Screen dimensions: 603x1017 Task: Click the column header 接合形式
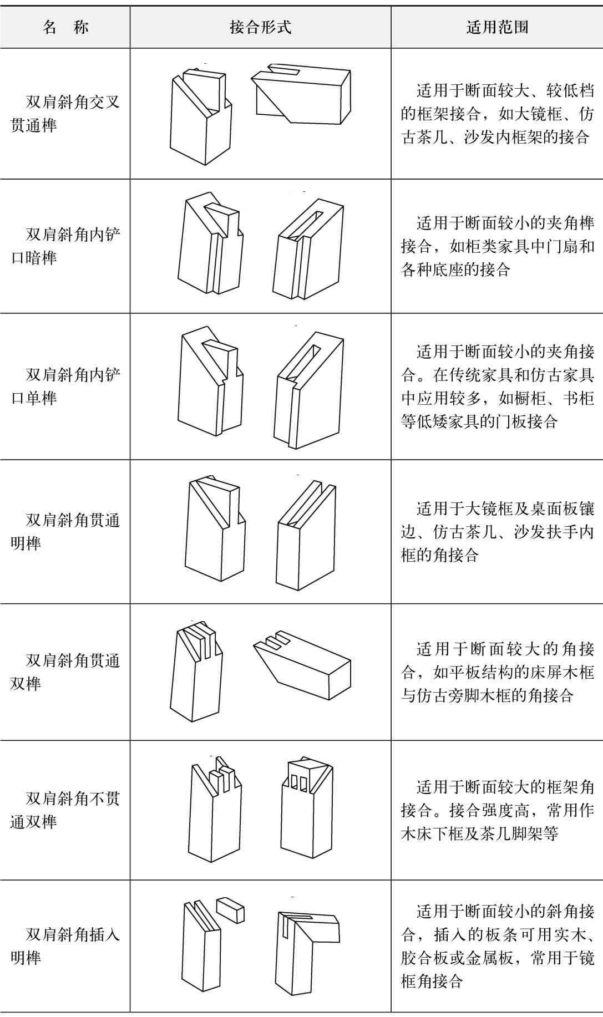click(x=260, y=27)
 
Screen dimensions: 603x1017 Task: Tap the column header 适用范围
click(x=497, y=27)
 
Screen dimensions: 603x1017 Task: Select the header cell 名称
click(x=65, y=27)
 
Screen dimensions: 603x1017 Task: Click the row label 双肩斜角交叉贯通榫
click(x=65, y=114)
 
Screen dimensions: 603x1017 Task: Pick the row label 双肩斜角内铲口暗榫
click(x=65, y=246)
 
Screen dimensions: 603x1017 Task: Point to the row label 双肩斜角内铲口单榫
click(x=65, y=386)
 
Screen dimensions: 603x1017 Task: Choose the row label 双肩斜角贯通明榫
click(x=65, y=531)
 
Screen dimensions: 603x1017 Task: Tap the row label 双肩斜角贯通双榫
click(x=65, y=672)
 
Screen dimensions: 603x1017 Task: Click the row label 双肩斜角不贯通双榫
click(x=65, y=810)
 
